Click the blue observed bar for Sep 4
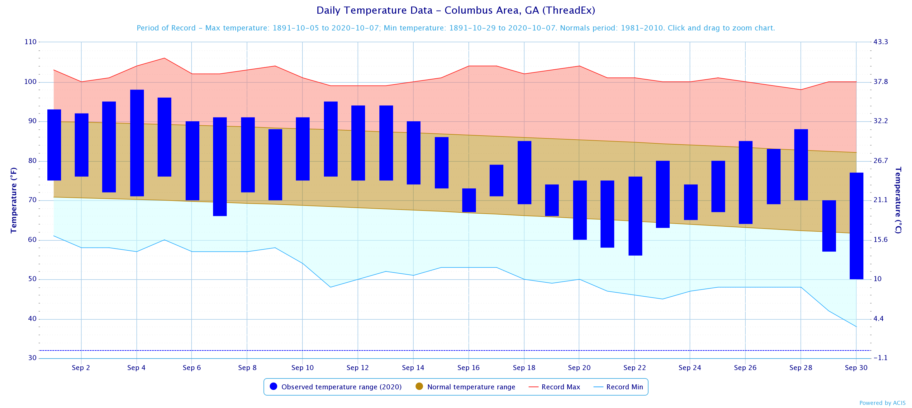pos(137,143)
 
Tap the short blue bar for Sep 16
pos(469,200)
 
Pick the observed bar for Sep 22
pos(635,216)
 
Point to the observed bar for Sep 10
pos(303,149)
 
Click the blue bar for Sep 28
pos(801,165)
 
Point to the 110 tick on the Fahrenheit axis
pos(31,42)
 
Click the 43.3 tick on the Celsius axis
pos(881,42)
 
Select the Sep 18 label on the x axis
pos(524,368)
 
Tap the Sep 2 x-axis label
pos(81,368)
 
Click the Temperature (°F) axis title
pos(13,200)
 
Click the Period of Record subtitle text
pos(456,28)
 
